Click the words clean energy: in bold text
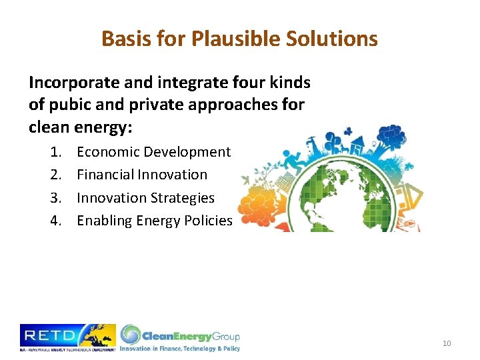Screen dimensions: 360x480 pyautogui.click(x=90, y=127)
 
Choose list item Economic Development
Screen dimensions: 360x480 pyautogui.click(x=153, y=152)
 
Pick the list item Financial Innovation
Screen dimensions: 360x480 pyautogui.click(x=142, y=175)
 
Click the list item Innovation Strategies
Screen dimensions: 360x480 pyautogui.click(x=145, y=198)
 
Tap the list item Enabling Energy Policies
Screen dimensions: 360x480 pyautogui.click(x=154, y=221)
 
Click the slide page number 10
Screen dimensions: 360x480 pyautogui.click(x=446, y=343)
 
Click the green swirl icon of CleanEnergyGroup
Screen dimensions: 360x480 pyautogui.click(x=131, y=334)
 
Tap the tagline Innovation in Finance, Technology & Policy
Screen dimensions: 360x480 pyautogui.click(x=179, y=348)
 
